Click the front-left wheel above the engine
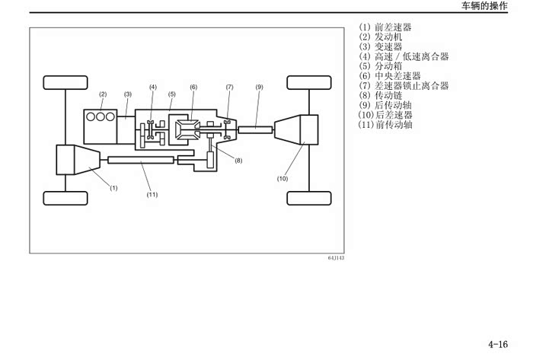[x=65, y=82]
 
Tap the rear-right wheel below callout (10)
[x=309, y=199]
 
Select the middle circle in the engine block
[x=101, y=117]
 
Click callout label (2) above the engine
[x=103, y=94]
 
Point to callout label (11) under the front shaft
[x=152, y=195]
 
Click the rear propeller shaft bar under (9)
[x=255, y=129]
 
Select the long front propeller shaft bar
[x=141, y=160]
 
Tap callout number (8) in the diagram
[x=238, y=161]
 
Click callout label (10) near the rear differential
[x=282, y=178]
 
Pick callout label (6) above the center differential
[x=193, y=87]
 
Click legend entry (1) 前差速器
[x=385, y=27]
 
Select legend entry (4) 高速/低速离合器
[x=404, y=56]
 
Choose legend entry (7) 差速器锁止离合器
[x=404, y=85]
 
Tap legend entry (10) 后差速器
[x=385, y=115]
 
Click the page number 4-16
[x=498, y=344]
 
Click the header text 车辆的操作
[x=484, y=6]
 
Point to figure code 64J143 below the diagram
[x=336, y=258]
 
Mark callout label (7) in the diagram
[x=230, y=87]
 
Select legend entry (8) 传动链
[x=381, y=95]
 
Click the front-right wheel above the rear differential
[x=309, y=82]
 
